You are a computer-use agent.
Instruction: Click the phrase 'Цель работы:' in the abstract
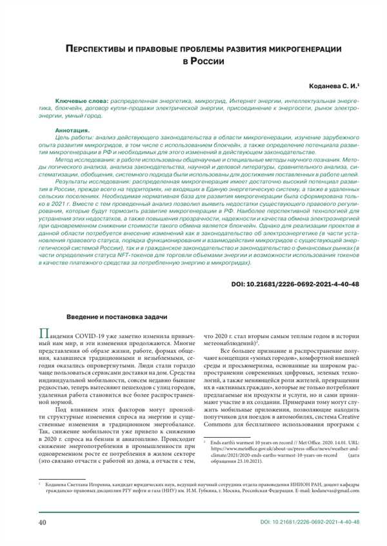tap(74, 138)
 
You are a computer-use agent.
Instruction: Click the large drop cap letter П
tap(44, 334)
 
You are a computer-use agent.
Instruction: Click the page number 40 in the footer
tap(43, 522)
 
